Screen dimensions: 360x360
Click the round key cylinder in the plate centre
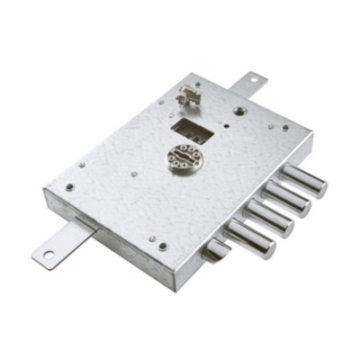tap(184, 158)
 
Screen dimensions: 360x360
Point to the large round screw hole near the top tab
tap(239, 111)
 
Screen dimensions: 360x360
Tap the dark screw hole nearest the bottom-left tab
tap(69, 187)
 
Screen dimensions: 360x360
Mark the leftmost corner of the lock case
tap(42, 192)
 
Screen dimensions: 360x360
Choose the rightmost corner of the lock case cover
tap(313, 138)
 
